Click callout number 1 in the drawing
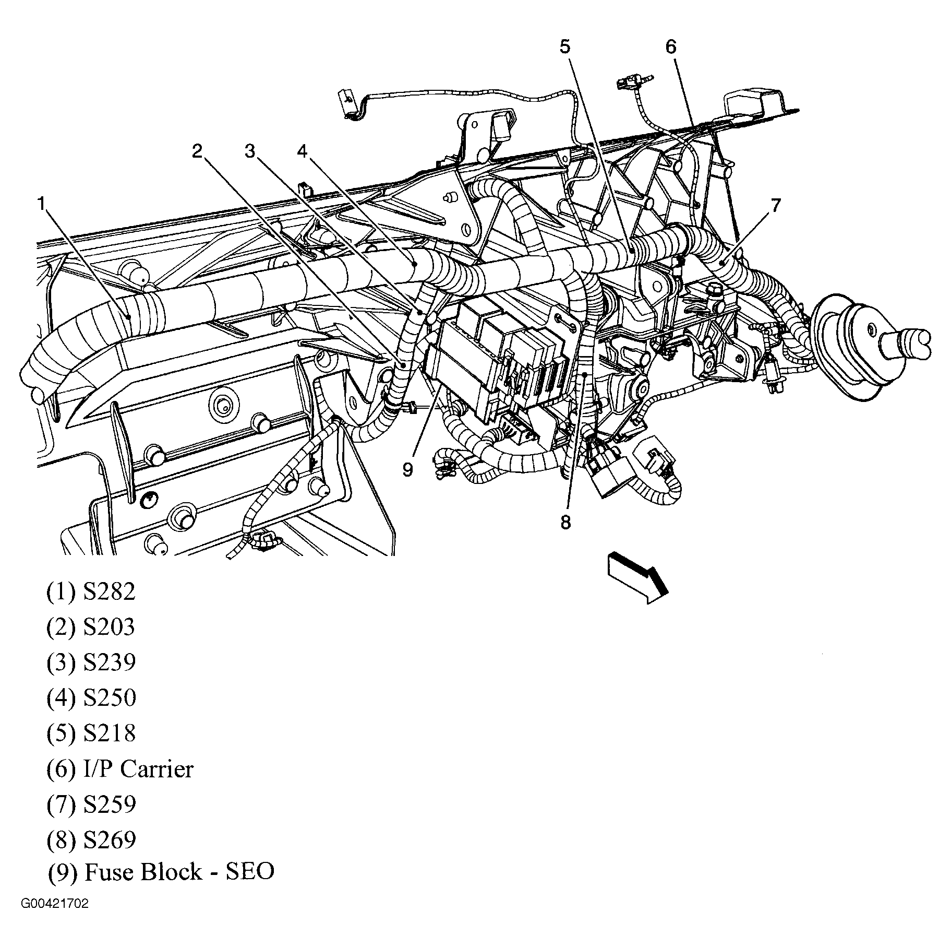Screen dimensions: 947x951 pyautogui.click(x=41, y=203)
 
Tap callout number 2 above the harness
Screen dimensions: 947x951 pyautogui.click(x=197, y=151)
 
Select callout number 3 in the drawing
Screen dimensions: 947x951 pyautogui.click(x=250, y=151)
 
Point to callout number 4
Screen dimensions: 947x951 pyautogui.click(x=303, y=151)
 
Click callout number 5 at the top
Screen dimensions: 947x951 pyautogui.click(x=565, y=47)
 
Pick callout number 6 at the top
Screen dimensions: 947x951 pyautogui.click(x=670, y=47)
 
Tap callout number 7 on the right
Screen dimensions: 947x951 pyautogui.click(x=776, y=206)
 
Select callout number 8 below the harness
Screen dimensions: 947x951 pyautogui.click(x=566, y=522)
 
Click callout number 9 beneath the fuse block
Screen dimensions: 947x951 pyautogui.click(x=407, y=469)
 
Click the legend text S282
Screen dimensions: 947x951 pyautogui.click(x=109, y=591)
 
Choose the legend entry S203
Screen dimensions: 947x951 pyautogui.click(x=109, y=626)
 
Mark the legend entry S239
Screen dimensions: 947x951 pyautogui.click(x=109, y=662)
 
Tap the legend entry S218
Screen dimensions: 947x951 pyautogui.click(x=109, y=733)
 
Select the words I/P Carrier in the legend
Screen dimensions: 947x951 pyautogui.click(x=138, y=769)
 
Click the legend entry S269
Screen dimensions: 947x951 pyautogui.click(x=109, y=839)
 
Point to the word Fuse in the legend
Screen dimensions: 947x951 pyautogui.click(x=106, y=871)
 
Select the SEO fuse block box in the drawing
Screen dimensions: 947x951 pyautogui.click(x=496, y=360)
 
